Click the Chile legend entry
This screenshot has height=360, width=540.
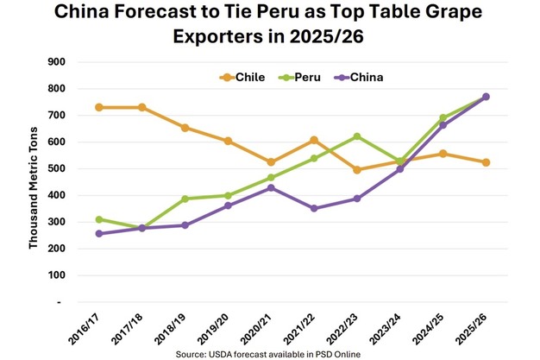point(244,77)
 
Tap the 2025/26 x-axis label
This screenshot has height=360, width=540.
point(474,331)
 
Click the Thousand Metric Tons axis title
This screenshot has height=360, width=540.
point(34,181)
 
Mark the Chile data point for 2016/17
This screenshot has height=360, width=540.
point(100,107)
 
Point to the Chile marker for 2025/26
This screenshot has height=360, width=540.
point(486,162)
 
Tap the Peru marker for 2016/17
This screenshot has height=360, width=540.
point(100,219)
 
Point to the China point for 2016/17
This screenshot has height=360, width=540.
point(100,234)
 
